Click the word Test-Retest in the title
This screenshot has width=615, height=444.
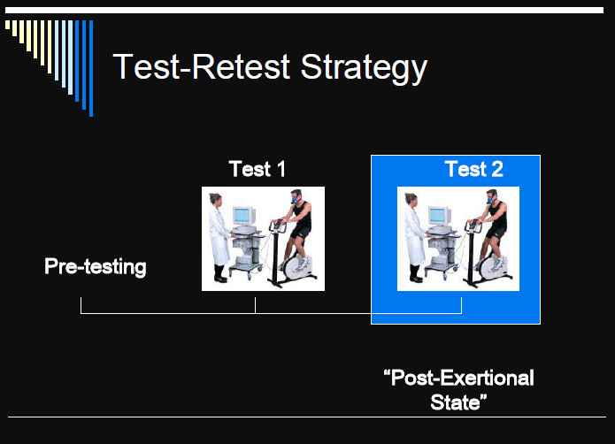(x=202, y=66)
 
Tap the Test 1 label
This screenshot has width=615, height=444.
(x=257, y=169)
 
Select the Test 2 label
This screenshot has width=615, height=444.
(x=474, y=169)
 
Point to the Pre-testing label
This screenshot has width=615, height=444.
(x=96, y=266)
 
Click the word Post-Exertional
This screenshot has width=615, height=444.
(x=459, y=378)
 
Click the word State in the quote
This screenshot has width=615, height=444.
(x=455, y=402)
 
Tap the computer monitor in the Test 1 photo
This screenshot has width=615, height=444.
(x=243, y=216)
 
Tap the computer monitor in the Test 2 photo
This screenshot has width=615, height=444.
(x=439, y=216)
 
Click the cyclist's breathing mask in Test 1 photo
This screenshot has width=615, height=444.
(x=295, y=200)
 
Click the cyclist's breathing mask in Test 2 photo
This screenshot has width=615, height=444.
(x=490, y=200)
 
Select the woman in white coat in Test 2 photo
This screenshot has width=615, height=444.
(x=415, y=237)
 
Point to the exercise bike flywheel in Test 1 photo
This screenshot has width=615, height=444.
(x=295, y=268)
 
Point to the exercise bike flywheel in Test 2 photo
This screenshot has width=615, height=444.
(x=490, y=268)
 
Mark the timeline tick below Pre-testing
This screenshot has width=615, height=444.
(x=81, y=305)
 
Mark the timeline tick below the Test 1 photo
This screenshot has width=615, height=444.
(x=255, y=305)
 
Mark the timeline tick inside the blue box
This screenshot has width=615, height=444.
(x=461, y=305)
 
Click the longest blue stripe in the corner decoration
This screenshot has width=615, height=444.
(x=91, y=68)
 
